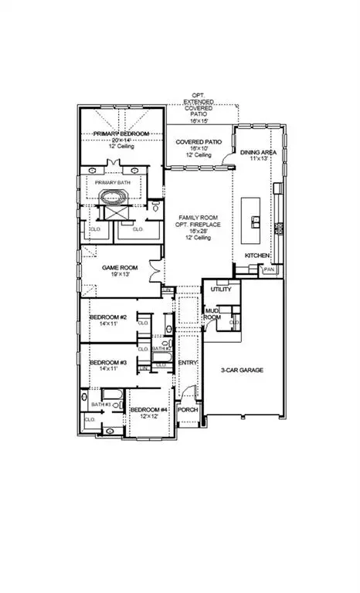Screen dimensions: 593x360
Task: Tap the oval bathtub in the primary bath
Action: coord(115,194)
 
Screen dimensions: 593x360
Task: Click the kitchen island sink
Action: coord(253,221)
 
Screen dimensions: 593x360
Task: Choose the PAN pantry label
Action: coord(269,269)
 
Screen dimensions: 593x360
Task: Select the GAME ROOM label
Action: coord(120,267)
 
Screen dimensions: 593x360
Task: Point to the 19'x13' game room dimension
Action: coord(120,275)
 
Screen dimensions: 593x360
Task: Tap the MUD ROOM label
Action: coord(212,313)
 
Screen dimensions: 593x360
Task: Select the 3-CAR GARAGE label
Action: coord(243,371)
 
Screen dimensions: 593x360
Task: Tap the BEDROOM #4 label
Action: coord(148,409)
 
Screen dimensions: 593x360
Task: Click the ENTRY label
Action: coord(188,362)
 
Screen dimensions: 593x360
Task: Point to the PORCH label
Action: coord(188,409)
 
